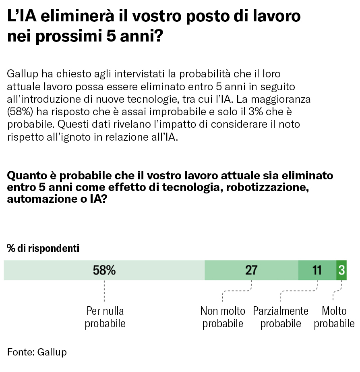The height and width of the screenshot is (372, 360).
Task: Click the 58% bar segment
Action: click(x=104, y=270)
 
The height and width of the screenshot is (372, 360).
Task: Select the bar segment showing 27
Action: click(x=251, y=270)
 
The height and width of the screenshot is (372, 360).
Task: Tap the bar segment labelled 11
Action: click(x=317, y=270)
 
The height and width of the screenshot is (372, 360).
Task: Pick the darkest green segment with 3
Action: click(x=341, y=270)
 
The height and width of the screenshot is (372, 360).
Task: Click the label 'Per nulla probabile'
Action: click(x=105, y=317)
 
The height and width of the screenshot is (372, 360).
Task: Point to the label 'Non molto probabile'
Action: click(x=223, y=317)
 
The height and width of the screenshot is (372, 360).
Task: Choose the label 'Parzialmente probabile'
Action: click(x=281, y=317)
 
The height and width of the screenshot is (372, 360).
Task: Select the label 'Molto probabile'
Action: click(x=334, y=317)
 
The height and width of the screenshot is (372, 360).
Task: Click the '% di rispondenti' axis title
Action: click(x=43, y=248)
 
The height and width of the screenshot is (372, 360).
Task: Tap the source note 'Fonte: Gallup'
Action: click(x=37, y=352)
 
